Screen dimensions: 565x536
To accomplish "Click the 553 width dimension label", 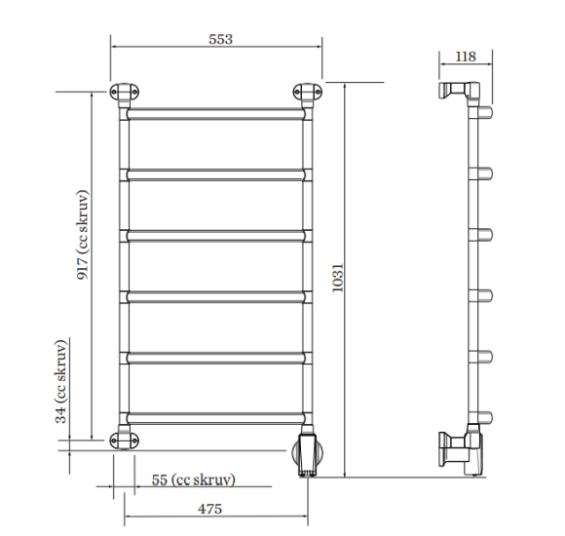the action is [x=220, y=39].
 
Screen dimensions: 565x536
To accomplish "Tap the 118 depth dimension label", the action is [x=466, y=57].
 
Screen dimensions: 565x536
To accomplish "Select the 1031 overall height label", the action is [x=338, y=278].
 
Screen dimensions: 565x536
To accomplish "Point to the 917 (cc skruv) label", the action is [x=82, y=235].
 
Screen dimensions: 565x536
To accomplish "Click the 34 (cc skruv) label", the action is [x=61, y=381].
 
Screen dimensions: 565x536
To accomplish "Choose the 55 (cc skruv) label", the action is [x=194, y=479].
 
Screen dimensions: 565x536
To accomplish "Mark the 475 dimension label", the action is [x=209, y=509].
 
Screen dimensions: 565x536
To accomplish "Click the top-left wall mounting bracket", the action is [x=125, y=93].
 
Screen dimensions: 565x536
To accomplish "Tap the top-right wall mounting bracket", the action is [x=308, y=93].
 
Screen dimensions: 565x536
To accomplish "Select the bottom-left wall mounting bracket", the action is [x=125, y=440].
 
